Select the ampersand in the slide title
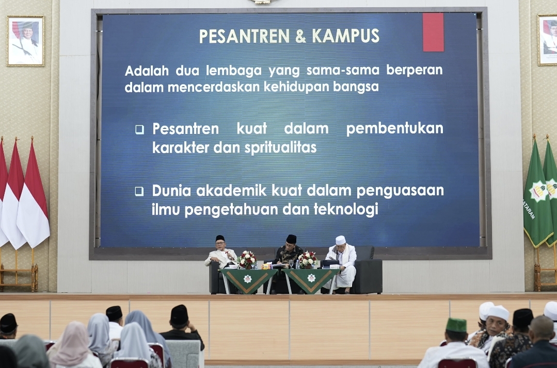[301, 36]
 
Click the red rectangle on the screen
[433, 32]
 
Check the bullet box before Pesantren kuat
[139, 129]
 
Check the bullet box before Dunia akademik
[139, 191]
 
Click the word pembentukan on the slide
[394, 129]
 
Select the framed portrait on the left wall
[26, 41]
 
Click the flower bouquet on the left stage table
[247, 259]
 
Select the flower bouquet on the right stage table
[308, 259]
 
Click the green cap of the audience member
[456, 325]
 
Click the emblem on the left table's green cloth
[247, 279]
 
